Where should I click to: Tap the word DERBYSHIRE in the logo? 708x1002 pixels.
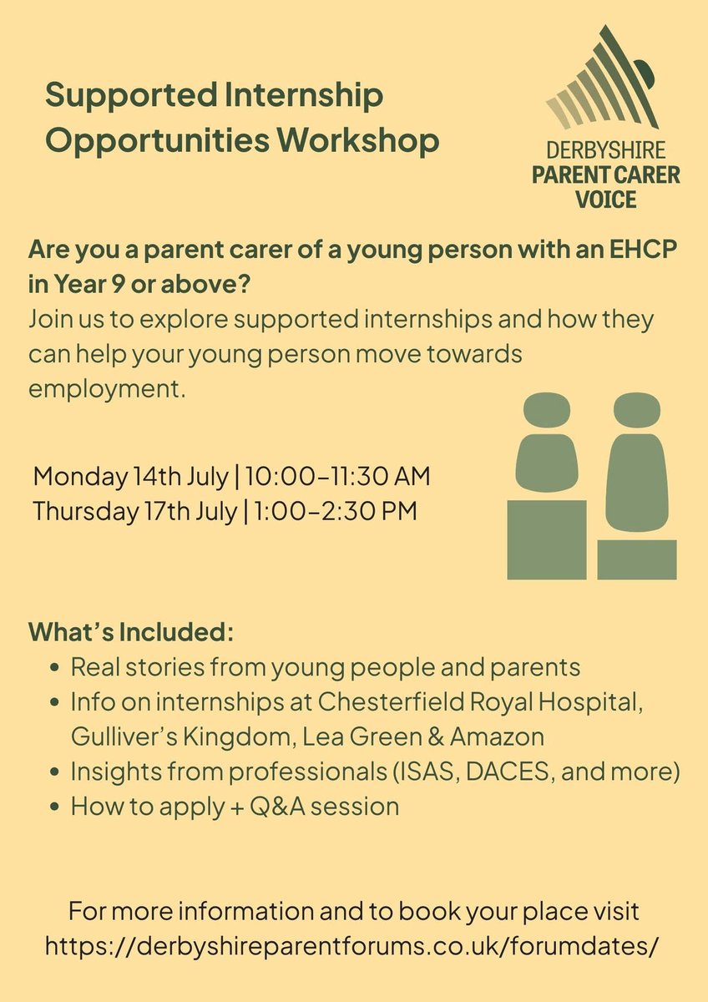click(605, 152)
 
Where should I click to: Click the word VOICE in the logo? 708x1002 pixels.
click(605, 200)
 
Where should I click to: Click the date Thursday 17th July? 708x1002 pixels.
click(134, 510)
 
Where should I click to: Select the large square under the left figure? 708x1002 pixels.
click(547, 539)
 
